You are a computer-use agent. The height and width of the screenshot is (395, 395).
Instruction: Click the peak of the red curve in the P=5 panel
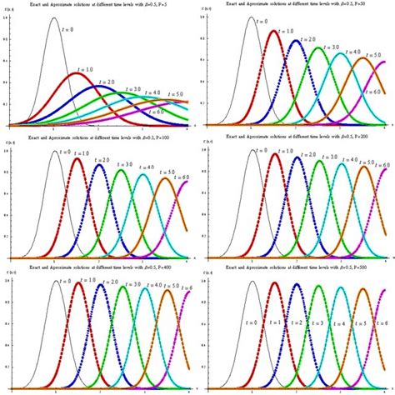(x=77, y=73)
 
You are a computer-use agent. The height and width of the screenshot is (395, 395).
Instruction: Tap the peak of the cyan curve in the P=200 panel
(x=342, y=163)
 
